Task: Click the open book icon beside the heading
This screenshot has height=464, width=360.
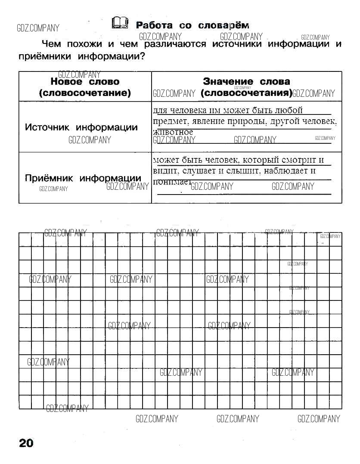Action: [x=120, y=23]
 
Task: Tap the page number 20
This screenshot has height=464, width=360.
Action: [x=26, y=443]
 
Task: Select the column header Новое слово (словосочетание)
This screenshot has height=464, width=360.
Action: [x=85, y=87]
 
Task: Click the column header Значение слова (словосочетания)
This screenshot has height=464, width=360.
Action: [x=246, y=87]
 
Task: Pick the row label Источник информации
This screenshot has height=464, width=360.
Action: [x=81, y=127]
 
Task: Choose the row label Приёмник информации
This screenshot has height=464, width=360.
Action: [x=83, y=178]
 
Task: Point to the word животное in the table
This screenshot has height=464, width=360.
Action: [x=173, y=132]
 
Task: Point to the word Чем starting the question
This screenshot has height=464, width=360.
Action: [x=51, y=44]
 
